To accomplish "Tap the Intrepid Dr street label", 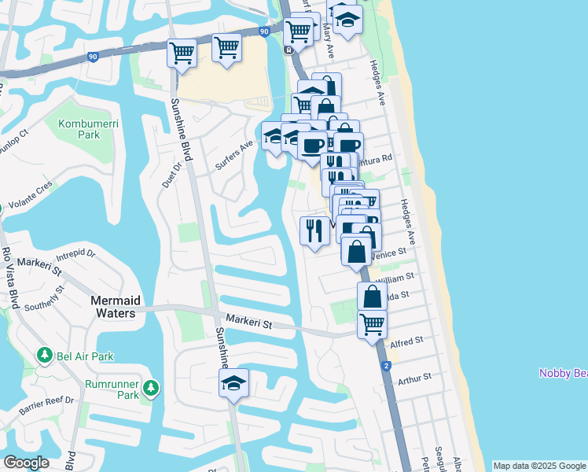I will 75,255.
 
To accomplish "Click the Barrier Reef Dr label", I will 47,404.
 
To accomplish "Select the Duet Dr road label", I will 171,173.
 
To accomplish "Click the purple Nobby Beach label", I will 563,373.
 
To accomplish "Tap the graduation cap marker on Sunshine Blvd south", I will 233,383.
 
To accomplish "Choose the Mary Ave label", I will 329,39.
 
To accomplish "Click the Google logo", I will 27,463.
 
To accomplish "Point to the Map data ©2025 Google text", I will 539,466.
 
